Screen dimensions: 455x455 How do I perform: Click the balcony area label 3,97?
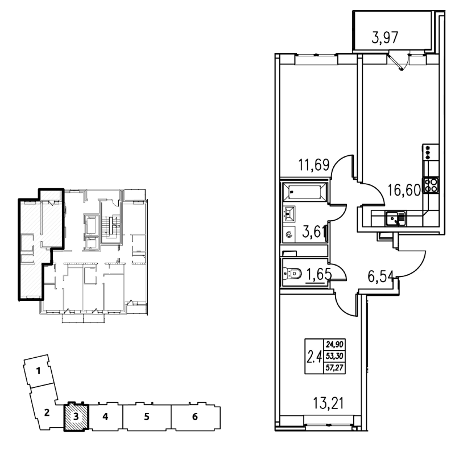(385, 38)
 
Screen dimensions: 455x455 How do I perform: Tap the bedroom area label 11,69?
(314, 165)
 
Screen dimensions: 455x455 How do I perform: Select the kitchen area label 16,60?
(404, 191)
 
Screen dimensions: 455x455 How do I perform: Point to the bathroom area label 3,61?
(313, 232)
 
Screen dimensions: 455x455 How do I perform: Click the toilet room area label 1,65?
(318, 274)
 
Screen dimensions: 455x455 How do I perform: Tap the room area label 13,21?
(328, 403)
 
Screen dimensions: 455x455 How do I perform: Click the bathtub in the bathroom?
(305, 192)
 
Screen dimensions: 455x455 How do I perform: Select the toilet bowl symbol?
(292, 274)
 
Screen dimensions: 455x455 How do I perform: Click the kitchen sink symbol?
(395, 218)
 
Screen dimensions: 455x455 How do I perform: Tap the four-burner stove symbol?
(431, 185)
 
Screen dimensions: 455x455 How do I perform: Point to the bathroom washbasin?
(289, 214)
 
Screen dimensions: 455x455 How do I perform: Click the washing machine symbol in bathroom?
(289, 234)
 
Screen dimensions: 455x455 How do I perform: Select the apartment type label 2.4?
(314, 357)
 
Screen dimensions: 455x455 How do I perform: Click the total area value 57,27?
(334, 368)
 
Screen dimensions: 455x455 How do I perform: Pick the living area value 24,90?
(334, 345)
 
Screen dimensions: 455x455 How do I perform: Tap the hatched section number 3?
(76, 417)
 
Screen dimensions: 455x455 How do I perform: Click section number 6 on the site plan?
(195, 417)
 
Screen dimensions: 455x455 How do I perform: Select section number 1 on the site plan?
(38, 371)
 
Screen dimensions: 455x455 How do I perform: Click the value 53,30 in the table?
(334, 356)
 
